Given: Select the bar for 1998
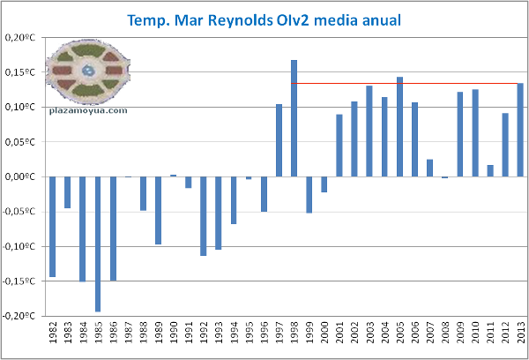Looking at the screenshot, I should pyautogui.click(x=294, y=118).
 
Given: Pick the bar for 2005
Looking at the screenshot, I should pyautogui.click(x=399, y=127).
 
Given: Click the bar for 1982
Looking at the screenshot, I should pyautogui.click(x=52, y=227).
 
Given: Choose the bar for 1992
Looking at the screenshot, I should pyautogui.click(x=203, y=216).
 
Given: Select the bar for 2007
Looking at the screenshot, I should pyautogui.click(x=429, y=169).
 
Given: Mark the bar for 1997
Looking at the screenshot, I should pyautogui.click(x=279, y=140).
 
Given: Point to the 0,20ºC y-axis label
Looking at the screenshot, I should pyautogui.click(x=22, y=38).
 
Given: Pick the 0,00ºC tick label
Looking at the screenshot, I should pyautogui.click(x=22, y=176).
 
